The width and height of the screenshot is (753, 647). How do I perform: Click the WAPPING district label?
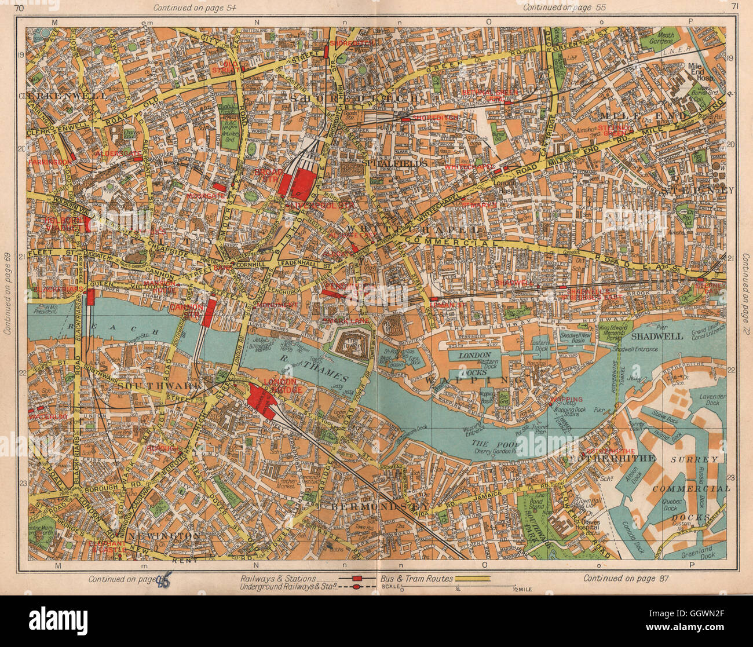[x=470, y=381]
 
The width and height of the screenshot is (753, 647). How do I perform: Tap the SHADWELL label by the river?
[x=655, y=337]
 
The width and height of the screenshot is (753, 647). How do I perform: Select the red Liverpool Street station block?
[x=302, y=181]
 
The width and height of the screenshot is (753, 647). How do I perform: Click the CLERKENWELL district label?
[x=63, y=95]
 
